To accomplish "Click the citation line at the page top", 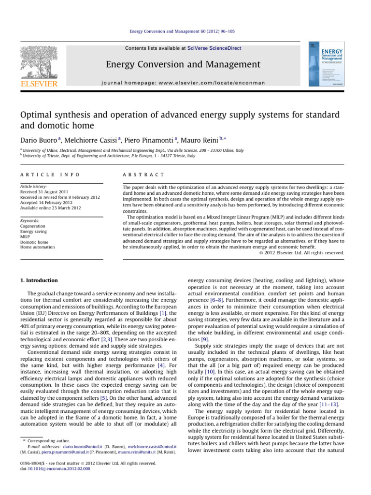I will pyautogui.click(x=185, y=31).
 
